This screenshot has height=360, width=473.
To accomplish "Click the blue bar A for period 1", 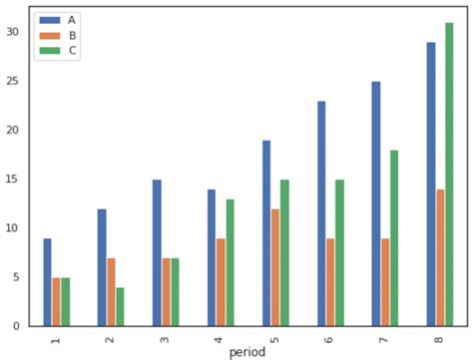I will [47, 282].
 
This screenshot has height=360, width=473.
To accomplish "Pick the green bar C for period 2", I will [120, 306].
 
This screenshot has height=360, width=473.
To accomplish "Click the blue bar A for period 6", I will [321, 213].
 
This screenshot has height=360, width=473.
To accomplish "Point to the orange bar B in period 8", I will [440, 257].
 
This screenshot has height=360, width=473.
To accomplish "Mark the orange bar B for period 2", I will [111, 292].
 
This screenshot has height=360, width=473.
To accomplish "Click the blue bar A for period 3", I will [157, 252].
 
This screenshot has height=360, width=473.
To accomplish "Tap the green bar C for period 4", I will [230, 262].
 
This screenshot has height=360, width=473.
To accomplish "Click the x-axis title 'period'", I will [247, 352].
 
